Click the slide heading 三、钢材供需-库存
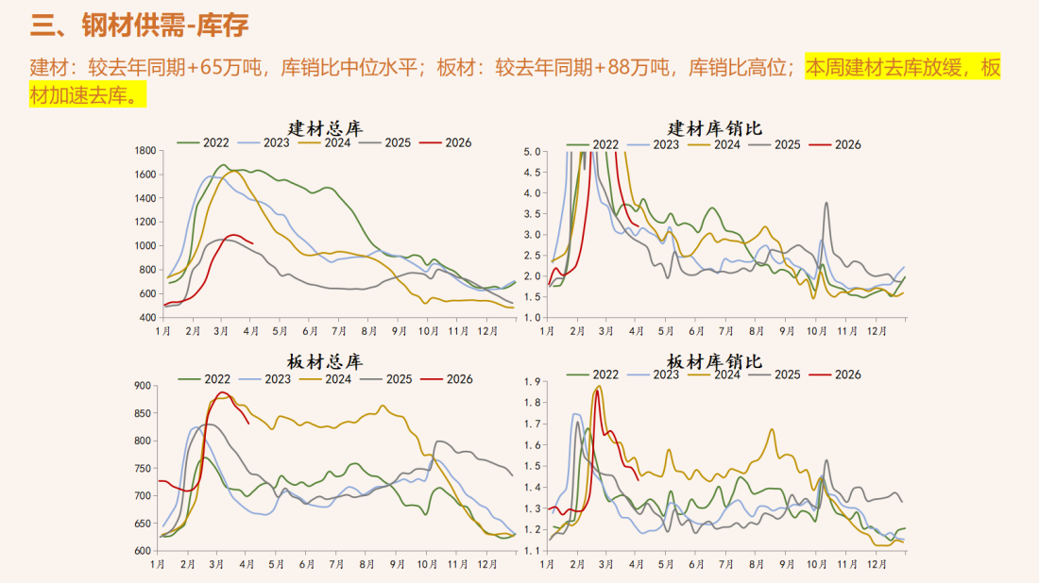[x=140, y=25]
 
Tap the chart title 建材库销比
[x=715, y=128]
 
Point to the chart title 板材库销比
[x=715, y=362]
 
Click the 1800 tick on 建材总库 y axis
[x=145, y=151]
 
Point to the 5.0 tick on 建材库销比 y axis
[x=531, y=152]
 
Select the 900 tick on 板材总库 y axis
[x=143, y=386]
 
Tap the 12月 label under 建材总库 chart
[x=486, y=331]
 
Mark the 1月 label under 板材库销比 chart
[x=547, y=565]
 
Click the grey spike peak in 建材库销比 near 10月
[x=826, y=202]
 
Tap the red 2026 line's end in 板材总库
[x=248, y=424]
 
